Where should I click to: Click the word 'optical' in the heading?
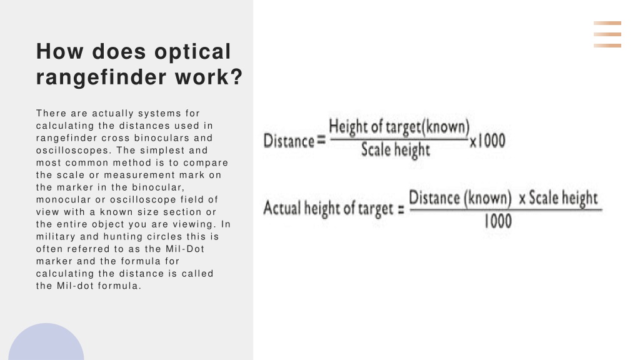[192, 52]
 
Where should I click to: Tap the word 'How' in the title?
[59, 51]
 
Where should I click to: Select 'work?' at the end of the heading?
[209, 77]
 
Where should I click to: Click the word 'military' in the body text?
[56, 236]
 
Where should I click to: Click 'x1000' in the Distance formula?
[487, 141]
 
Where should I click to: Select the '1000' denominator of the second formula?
[498, 221]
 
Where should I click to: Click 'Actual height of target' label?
[328, 209]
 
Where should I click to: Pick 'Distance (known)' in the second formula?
[460, 198]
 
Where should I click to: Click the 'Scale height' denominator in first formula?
[396, 150]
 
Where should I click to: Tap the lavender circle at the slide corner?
[46, 343]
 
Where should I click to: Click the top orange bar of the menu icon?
[607, 23]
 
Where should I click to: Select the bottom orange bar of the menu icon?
[607, 46]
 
